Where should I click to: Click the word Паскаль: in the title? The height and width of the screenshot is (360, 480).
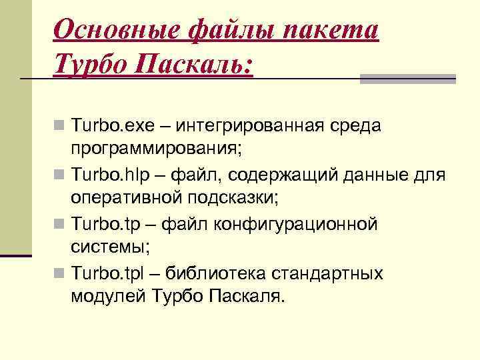point(194,65)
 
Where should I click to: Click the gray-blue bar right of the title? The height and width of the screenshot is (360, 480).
point(407,79)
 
